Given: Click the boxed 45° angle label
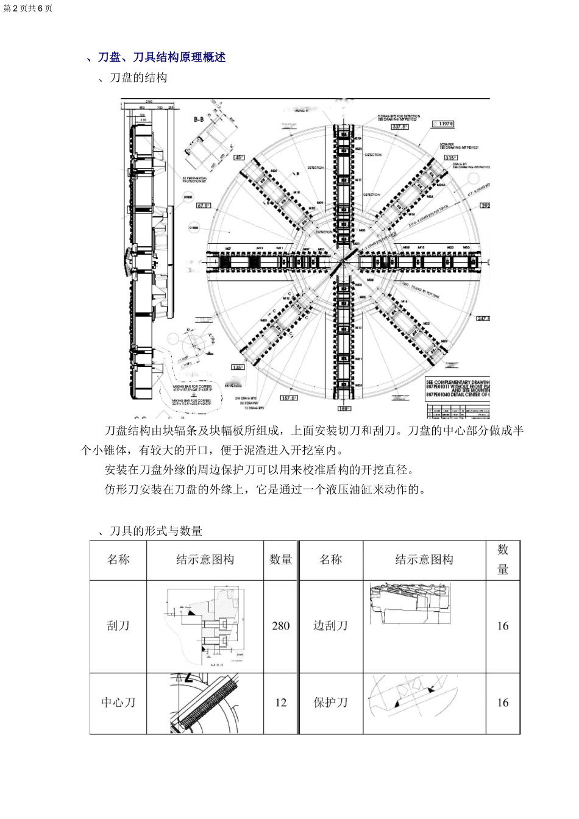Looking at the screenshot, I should click(x=240, y=157).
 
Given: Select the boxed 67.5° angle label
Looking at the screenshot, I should click(x=203, y=206).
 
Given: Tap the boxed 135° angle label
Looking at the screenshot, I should click(x=238, y=367).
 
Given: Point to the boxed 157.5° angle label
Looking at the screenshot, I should click(x=289, y=397).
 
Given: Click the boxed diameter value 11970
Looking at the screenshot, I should click(x=443, y=124).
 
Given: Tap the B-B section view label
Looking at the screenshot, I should click(x=199, y=120).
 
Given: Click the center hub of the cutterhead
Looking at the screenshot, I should click(x=346, y=259).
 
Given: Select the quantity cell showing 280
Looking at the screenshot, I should click(x=281, y=626).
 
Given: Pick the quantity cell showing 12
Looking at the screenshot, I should click(x=281, y=703).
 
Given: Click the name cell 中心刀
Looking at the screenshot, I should click(x=118, y=703).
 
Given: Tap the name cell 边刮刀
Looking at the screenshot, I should click(x=330, y=626).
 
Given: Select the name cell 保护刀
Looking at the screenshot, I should click(x=330, y=703).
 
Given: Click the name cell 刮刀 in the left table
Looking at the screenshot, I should click(x=118, y=626).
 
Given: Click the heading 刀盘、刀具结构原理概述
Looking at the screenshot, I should click(x=162, y=57).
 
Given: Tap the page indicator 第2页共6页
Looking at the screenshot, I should click(x=28, y=8).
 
